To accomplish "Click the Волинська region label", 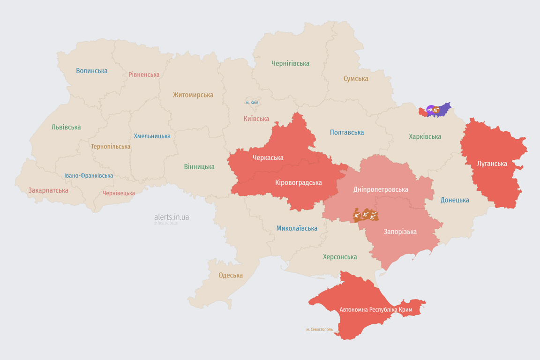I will coord(92,71).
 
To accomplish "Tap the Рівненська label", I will coord(144,75).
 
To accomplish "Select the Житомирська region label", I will coord(193,95).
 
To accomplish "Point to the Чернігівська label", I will coord(290,63).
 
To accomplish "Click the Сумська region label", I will coord(356,79).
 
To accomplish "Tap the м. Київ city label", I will coord(252,102).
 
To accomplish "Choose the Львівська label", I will coord(66,127).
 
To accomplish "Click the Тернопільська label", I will coord(111,146).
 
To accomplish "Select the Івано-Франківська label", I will coord(89,176).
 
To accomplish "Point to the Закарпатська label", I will coord(48,190).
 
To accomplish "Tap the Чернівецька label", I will coord(119,193).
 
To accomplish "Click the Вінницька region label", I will coord(199,166).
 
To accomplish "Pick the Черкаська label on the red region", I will coord(268,157).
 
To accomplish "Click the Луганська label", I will coord(492,164).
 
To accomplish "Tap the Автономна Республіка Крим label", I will coord(375,310).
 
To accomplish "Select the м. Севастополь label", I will coord(319,330).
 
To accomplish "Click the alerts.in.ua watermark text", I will coord(172,217).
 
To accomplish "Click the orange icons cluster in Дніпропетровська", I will coord(366,215).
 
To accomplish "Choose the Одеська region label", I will coord(231,275).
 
